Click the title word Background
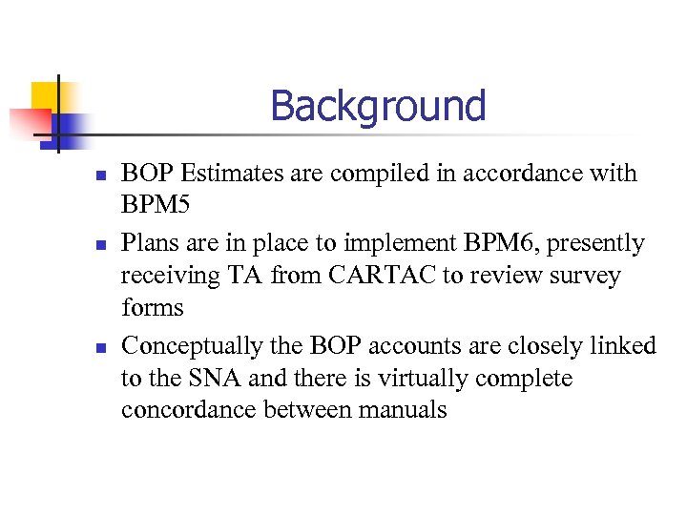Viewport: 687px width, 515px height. [378, 106]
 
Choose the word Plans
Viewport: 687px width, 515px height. [150, 244]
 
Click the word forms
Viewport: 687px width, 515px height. [153, 309]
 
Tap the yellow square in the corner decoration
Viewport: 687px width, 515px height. [43, 96]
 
